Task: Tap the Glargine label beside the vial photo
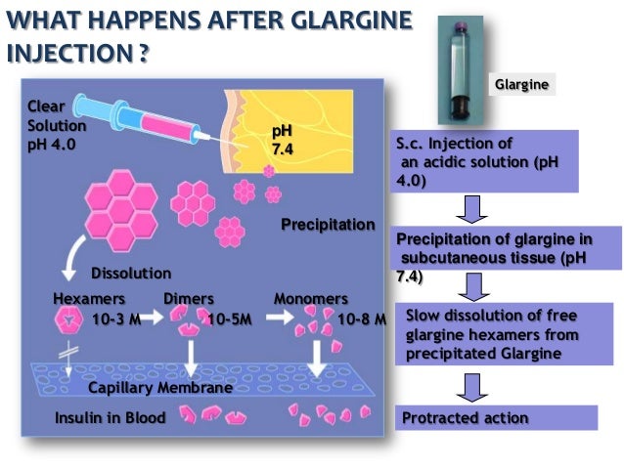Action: click(521, 85)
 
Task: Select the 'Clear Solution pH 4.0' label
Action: click(57, 126)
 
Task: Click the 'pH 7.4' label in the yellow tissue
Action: click(282, 138)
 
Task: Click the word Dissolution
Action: click(131, 273)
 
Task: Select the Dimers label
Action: click(189, 298)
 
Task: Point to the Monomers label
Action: click(310, 298)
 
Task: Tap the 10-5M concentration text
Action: click(232, 319)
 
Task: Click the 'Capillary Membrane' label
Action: click(160, 388)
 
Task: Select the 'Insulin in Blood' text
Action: click(111, 418)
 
